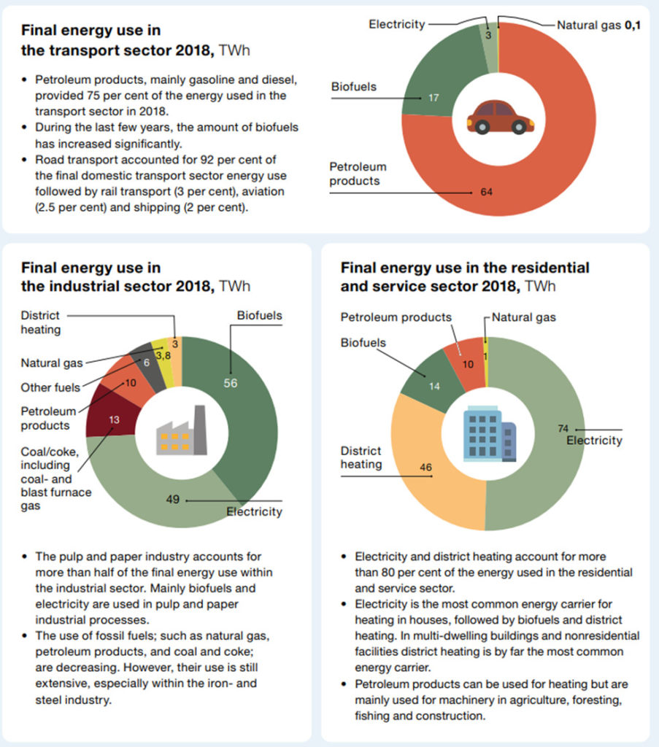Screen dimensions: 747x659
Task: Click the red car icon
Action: (x=500, y=117)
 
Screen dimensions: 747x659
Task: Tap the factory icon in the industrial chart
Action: (x=182, y=434)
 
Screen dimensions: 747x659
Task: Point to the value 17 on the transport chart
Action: (x=433, y=97)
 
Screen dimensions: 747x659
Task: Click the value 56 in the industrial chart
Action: (x=231, y=384)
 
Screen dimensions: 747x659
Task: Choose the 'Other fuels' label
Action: (x=50, y=386)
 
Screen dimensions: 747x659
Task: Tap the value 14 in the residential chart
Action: (x=433, y=386)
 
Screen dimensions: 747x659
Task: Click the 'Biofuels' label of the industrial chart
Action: (x=259, y=316)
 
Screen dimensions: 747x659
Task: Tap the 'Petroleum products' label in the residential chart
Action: (x=396, y=317)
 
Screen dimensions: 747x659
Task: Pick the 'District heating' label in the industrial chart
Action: (x=41, y=322)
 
